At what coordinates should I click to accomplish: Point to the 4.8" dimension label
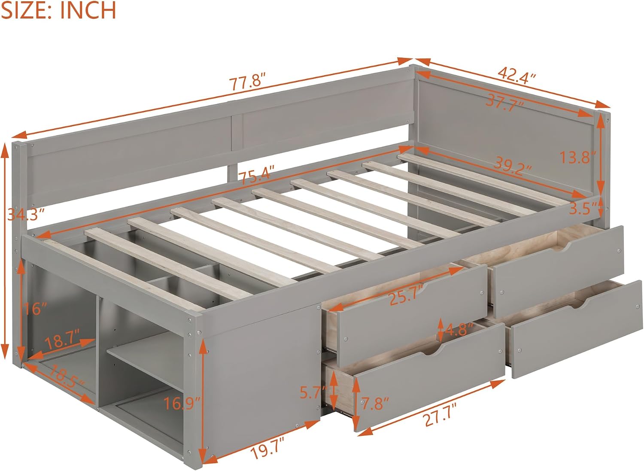pos(459,329)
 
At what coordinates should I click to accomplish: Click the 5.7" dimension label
pos(314,392)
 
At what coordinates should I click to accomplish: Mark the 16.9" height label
pos(182,404)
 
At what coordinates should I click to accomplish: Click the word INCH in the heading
pos(88,10)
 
